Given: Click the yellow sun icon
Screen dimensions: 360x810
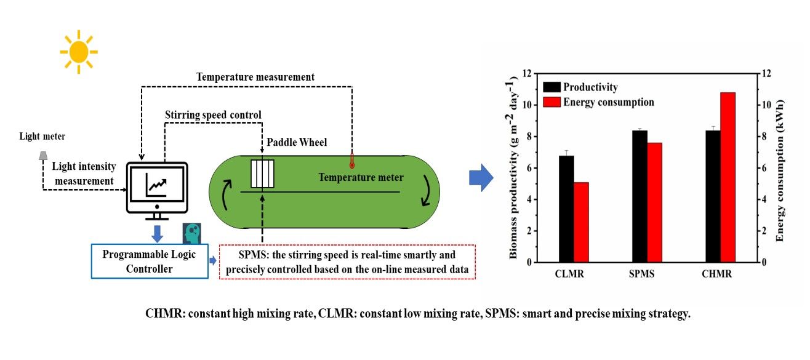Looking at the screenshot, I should coord(78,52).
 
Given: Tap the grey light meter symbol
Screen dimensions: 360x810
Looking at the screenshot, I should coord(43,156).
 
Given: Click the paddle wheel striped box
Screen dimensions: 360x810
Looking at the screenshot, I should coord(262,174).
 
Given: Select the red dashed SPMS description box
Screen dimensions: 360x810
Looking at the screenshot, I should coord(347,262).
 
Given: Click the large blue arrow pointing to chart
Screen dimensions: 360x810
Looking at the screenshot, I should coord(481,178).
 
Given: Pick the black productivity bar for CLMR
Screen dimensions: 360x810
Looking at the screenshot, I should coord(566,209).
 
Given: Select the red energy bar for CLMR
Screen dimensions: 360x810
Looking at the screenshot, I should coord(582,222).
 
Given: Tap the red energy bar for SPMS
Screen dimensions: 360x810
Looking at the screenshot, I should coord(655,202).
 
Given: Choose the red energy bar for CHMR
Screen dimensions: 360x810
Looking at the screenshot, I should coord(728,177).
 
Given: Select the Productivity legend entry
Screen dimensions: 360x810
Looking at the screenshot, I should coord(582,87).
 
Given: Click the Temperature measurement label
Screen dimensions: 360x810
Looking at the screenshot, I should coord(255,77).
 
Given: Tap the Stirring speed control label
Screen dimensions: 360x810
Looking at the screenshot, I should coord(213,114).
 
